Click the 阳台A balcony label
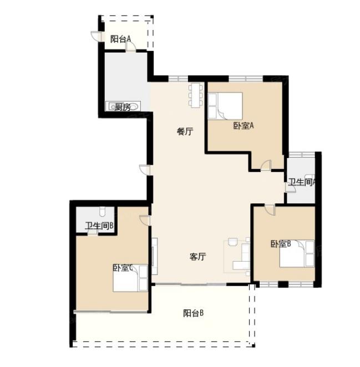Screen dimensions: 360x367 point(120,39)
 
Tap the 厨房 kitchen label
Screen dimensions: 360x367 point(123,107)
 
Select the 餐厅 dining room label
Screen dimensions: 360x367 point(185,131)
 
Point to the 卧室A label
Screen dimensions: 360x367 point(244,126)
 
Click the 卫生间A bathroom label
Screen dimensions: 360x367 point(302,182)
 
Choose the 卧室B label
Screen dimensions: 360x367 point(281,244)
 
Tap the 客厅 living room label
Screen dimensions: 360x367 point(197,257)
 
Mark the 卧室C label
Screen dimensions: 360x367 point(123,268)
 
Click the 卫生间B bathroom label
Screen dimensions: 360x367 point(99,226)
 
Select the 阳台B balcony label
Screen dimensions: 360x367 point(193,313)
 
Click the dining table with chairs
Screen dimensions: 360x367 point(196,95)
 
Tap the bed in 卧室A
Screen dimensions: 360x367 point(225,106)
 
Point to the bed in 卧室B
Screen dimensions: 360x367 point(297,253)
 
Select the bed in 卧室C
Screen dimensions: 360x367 point(130,278)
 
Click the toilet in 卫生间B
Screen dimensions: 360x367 point(103,211)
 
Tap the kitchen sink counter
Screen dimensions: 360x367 point(123,106)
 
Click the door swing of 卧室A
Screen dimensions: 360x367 point(266,165)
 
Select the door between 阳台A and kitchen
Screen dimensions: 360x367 point(131,47)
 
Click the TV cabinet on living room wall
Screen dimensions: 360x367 point(154,256)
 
